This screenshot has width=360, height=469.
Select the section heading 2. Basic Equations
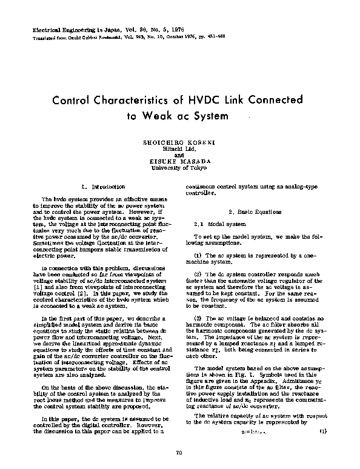pos(254,212)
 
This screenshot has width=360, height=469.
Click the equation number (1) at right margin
pos(322,431)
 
